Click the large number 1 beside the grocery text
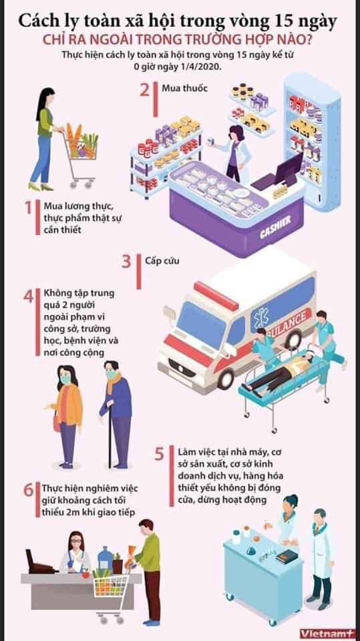point(28,207)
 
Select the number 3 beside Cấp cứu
point(126,262)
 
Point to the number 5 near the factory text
point(159,454)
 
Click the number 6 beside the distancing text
point(28,490)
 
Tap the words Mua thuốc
point(179,88)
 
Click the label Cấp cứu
point(162,260)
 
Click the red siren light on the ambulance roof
point(216,296)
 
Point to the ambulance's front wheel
point(225,379)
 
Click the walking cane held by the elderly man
point(110,433)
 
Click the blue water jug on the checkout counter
point(105,558)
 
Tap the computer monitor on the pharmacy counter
point(289,168)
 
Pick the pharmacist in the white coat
point(234,154)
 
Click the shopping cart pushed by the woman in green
point(81,156)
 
